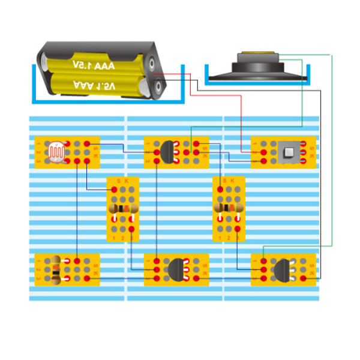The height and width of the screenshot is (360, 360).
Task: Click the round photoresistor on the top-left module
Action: pyautogui.click(x=56, y=152)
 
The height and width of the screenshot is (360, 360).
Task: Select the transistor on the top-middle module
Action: pyautogui.click(x=170, y=151)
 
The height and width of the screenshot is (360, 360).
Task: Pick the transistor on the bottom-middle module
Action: pyautogui.click(x=177, y=268)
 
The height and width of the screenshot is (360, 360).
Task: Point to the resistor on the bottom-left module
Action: pyautogui.click(x=56, y=269)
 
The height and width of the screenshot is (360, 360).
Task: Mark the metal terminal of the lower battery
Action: pyautogui.click(x=157, y=88)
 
